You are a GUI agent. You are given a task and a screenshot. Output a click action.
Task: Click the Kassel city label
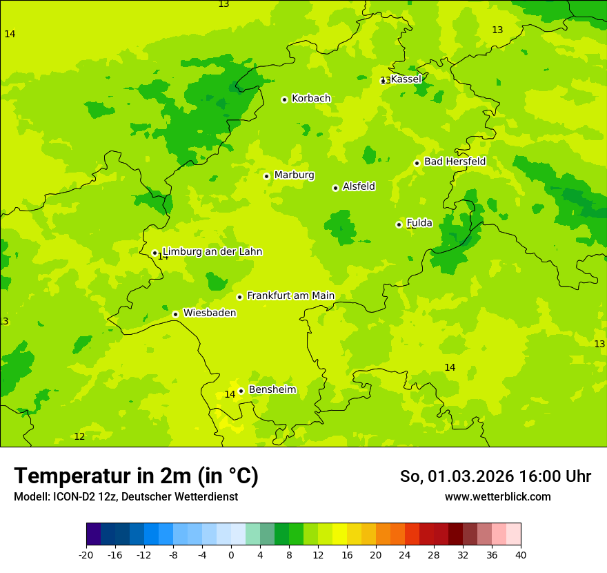coord(406,79)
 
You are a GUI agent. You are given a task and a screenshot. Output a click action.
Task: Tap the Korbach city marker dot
coord(284,99)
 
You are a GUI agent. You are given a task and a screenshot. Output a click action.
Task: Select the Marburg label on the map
coord(294,175)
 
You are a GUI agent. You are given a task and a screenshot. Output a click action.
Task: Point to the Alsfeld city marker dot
coord(335,188)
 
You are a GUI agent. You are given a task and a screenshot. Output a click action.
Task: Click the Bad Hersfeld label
coord(455,162)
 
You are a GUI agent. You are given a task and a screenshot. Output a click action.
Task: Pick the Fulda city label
coord(419,223)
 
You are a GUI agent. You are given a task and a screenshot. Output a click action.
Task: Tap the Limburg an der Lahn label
coord(212,252)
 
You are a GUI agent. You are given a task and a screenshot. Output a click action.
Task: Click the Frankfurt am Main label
coord(290,296)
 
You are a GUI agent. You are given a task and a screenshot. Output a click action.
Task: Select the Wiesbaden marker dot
coord(176,314)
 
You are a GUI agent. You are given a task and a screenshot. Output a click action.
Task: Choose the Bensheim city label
coord(272,390)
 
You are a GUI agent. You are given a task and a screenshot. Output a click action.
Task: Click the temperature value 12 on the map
coord(79,436)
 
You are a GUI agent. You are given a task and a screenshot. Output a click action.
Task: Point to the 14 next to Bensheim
coord(230,394)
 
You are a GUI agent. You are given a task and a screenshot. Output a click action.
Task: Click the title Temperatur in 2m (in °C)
coord(136,476)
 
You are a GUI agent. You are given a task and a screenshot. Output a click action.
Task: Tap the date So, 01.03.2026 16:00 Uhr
coord(495,476)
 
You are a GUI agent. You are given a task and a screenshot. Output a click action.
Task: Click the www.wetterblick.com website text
coord(497,497)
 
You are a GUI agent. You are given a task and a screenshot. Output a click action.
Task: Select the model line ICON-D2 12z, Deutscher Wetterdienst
coord(126,497)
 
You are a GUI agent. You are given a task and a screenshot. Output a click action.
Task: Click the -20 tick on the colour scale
coord(86,554)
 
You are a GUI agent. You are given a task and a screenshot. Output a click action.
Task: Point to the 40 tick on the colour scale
coord(521,554)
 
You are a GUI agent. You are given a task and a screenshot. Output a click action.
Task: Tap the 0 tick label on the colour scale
coord(231,554)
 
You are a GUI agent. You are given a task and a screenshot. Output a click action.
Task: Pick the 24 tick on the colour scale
coord(405,554)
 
